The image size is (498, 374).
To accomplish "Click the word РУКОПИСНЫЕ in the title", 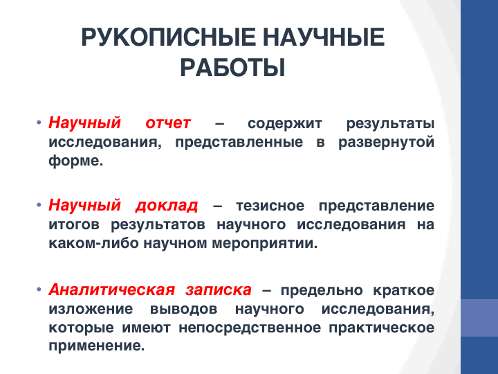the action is (168, 37).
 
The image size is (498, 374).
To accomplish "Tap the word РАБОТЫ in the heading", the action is (233, 68).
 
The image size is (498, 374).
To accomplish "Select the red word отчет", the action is (168, 123).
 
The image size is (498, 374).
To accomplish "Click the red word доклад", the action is (167, 206).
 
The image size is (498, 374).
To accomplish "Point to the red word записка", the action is (219, 290).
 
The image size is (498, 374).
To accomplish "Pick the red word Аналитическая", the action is (112, 290).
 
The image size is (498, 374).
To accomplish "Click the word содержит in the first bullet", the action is (285, 124).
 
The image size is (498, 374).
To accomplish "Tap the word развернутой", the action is (386, 143).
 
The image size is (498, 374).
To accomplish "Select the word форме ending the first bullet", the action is (76, 161).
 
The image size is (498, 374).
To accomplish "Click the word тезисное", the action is (270, 206).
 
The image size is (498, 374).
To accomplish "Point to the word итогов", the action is (74, 224).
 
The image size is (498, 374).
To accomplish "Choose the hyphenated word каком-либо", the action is (93, 243).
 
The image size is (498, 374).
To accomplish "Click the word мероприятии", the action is (264, 244).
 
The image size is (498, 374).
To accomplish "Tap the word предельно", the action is (322, 290).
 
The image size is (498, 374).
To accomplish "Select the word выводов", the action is (183, 309).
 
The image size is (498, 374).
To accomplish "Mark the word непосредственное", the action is (250, 328).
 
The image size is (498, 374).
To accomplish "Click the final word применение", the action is (97, 346).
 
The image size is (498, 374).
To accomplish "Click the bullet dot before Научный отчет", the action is (39, 123).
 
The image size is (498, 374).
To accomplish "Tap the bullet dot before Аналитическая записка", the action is (39, 290).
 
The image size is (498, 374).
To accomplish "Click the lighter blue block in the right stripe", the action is (479, 318).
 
